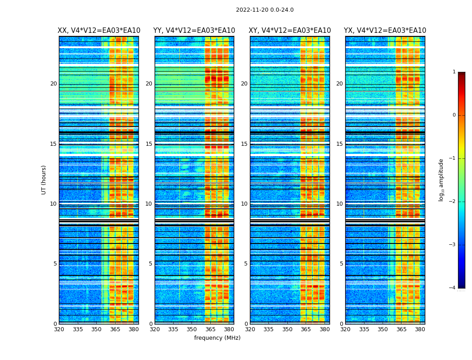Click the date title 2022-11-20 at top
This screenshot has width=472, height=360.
[264, 10]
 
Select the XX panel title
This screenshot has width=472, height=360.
[99, 31]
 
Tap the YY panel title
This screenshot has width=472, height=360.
[194, 31]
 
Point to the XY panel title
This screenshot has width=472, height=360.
[290, 31]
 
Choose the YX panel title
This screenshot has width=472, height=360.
[385, 31]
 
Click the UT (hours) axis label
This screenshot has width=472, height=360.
[44, 180]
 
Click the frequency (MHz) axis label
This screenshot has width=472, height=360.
[217, 338]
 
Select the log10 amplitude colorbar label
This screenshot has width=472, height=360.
[441, 180]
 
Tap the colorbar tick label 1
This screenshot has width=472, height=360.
[454, 72]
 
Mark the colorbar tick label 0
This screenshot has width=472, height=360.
[454, 115]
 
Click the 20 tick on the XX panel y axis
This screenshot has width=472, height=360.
[53, 84]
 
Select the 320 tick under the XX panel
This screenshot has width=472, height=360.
[59, 329]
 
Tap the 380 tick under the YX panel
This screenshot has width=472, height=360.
[420, 329]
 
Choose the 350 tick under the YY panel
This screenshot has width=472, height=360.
[192, 329]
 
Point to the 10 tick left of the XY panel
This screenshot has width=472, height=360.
[244, 204]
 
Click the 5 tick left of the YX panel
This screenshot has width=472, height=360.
[341, 264]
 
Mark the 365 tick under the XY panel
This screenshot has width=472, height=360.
[306, 329]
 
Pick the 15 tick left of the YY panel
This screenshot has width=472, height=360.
[149, 144]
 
